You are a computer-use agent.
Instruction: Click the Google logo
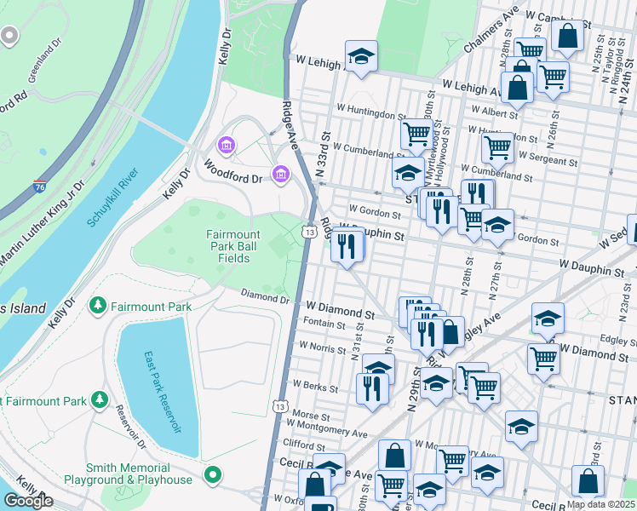[27, 501]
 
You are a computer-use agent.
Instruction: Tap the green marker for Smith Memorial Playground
[213, 474]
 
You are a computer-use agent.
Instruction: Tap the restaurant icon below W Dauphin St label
[347, 245]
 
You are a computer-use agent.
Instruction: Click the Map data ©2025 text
[600, 504]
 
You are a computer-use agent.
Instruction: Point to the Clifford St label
[305, 445]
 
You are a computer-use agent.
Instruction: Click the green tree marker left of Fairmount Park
[98, 305]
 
